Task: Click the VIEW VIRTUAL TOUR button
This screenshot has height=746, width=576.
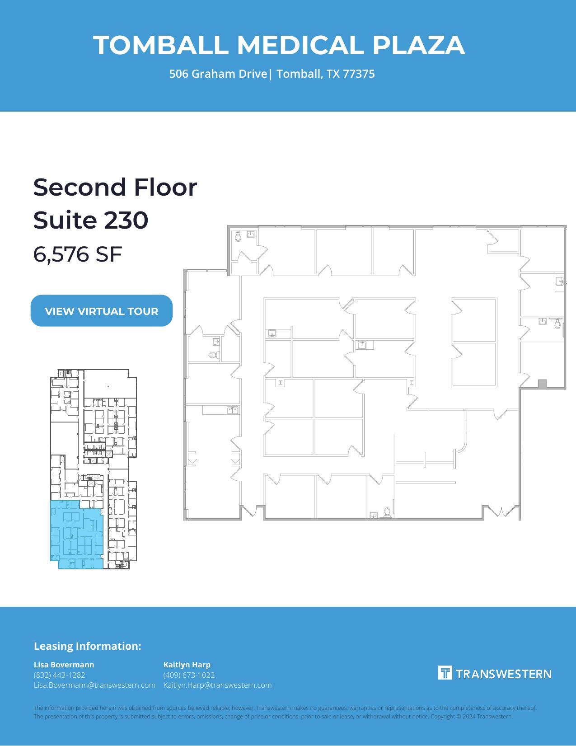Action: [102, 311]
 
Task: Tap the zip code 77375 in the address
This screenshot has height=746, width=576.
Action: [359, 74]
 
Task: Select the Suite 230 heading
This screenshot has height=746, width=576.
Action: [91, 220]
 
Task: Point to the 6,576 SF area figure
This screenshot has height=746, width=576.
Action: [78, 254]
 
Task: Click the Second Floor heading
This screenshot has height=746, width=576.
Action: [115, 187]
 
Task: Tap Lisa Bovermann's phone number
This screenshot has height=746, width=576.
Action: [59, 675]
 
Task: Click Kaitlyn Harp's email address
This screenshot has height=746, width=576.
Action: [217, 685]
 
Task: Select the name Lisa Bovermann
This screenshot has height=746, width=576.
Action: [64, 665]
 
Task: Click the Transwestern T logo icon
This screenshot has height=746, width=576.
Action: [445, 673]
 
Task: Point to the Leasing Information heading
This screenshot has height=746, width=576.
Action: [87, 646]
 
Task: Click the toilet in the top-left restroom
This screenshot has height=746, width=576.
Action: [238, 236]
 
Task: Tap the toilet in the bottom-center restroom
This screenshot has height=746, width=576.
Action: [387, 512]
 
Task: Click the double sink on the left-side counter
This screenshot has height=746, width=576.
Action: [232, 410]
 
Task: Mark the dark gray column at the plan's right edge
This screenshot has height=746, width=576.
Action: [543, 384]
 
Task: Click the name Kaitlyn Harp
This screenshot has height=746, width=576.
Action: [187, 665]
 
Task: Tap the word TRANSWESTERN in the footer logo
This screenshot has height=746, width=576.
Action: [503, 674]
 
